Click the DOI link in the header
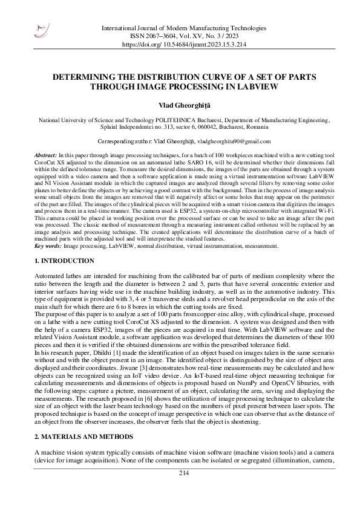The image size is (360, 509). click(184, 45)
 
